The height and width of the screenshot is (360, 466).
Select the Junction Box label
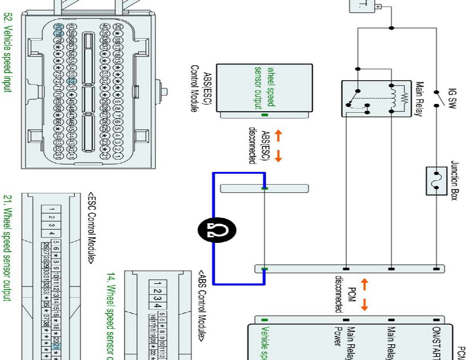click(455, 180)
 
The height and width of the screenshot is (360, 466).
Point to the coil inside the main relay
click(392, 99)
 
